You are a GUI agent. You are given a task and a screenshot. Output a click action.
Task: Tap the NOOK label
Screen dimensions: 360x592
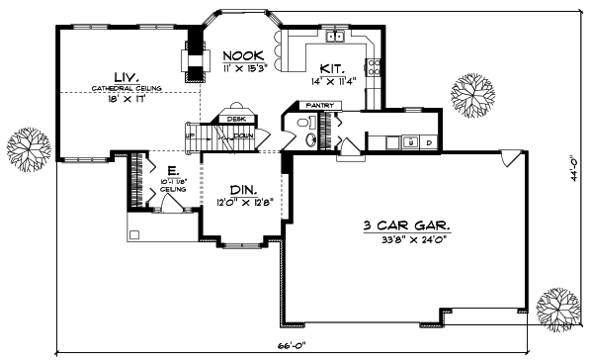240,56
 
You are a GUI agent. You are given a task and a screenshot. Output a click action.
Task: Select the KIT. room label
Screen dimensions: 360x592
332,68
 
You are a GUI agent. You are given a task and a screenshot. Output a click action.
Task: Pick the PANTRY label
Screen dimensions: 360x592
318,105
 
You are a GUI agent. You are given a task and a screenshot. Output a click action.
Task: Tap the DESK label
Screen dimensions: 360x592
235,119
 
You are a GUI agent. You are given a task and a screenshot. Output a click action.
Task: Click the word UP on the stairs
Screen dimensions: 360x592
190,135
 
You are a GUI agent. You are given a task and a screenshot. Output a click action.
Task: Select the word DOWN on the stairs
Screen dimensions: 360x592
243,135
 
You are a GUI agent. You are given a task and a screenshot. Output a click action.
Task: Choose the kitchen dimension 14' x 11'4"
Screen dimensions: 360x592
334,82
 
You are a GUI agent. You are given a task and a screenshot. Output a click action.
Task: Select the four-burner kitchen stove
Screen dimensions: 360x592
375,67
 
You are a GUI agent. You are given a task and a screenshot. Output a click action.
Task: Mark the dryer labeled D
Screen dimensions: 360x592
428,143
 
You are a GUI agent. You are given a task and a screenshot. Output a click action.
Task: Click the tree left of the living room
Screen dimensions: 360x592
29,148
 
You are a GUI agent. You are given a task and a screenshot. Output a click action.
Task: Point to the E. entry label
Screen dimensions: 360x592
172,169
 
